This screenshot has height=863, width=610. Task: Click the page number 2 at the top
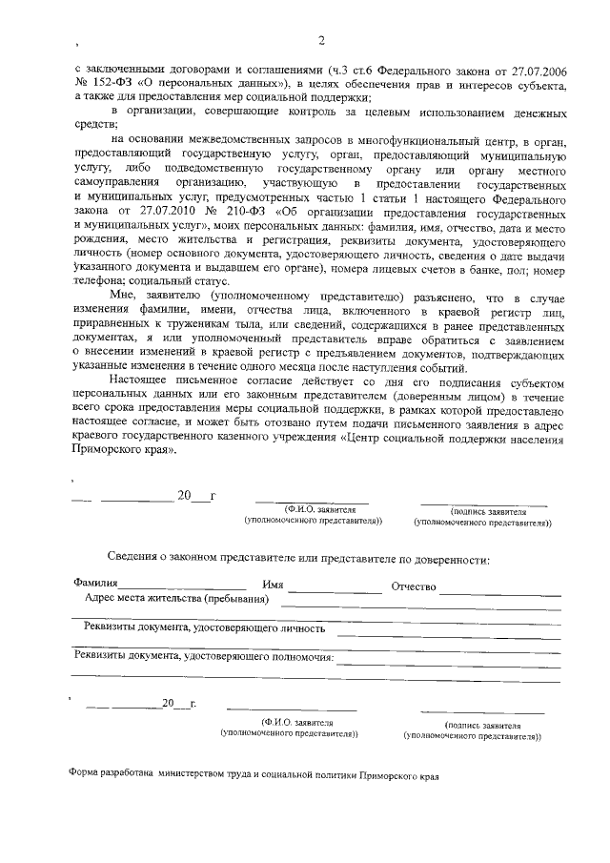click(x=321, y=39)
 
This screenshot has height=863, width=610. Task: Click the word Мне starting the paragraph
click(x=123, y=297)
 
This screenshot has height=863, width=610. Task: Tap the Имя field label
click(x=273, y=585)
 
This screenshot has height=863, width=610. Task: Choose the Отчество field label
click(x=413, y=585)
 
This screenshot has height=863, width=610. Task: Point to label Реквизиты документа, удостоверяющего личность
click(x=204, y=628)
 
